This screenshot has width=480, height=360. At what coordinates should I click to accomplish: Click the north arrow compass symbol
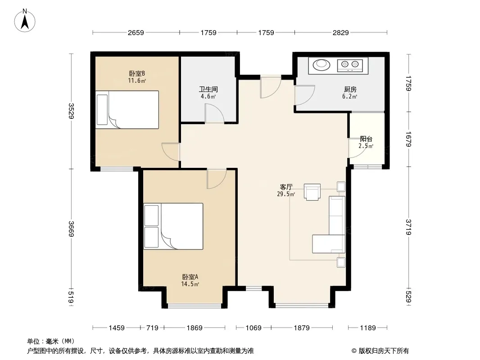coord(25,21)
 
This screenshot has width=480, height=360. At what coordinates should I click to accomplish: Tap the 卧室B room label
coord(137,74)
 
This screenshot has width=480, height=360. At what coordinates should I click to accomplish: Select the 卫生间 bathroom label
coord(208,89)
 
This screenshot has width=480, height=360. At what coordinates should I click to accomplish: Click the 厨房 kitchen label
coord(350,89)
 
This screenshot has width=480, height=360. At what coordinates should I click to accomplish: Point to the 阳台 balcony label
coord(366,139)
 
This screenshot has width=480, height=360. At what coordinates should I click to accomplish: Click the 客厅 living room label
coord(286,187)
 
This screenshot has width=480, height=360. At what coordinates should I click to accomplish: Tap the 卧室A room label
coord(190,277)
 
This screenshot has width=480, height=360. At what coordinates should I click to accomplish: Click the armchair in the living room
coord(312,192)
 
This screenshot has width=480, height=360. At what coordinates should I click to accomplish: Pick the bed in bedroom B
coord(127,109)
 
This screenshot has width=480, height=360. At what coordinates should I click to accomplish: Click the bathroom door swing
coord(214,113)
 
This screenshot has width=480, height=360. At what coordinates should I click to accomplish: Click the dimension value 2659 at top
coord(136,32)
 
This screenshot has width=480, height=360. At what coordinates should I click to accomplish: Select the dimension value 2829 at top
coord(341,32)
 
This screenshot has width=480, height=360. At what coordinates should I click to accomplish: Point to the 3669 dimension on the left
coord(71,229)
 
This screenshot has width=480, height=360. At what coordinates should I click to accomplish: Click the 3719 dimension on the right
coord(408,227)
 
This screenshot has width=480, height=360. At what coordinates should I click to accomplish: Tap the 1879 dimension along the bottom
coord(302,328)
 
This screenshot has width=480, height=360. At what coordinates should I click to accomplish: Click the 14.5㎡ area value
coord(190,284)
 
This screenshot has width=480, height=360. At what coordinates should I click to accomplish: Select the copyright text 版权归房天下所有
coord(383,351)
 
